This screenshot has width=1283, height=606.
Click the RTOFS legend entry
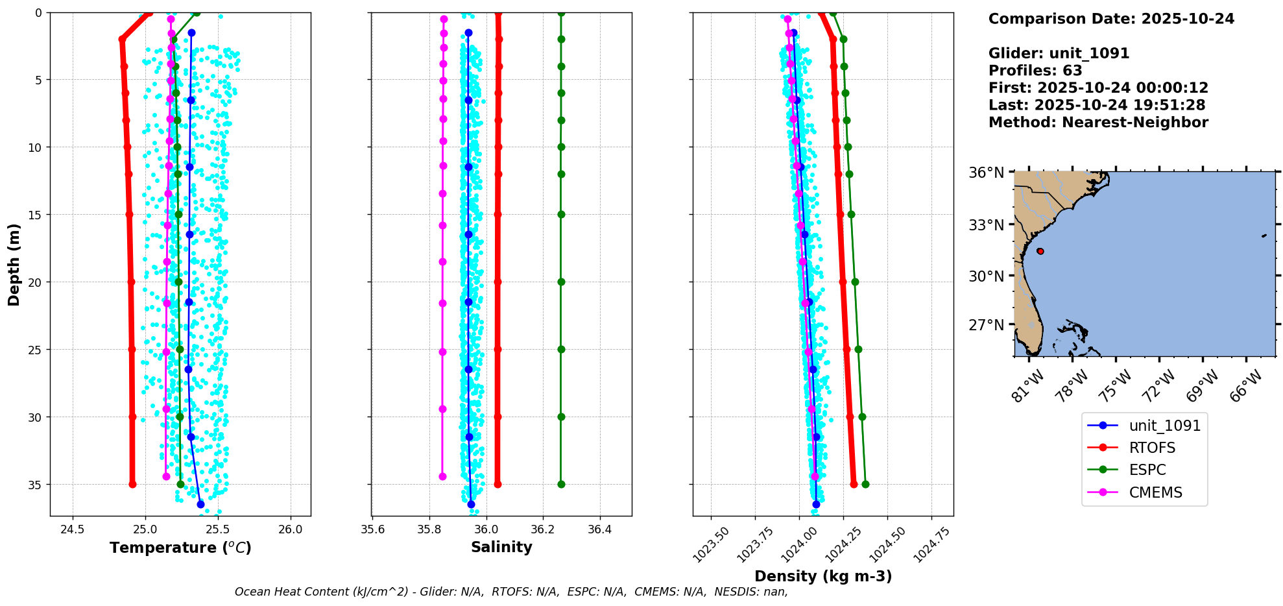[x=1152, y=448]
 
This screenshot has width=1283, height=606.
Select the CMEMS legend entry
[x=1155, y=492]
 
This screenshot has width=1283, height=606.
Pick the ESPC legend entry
[x=1147, y=470]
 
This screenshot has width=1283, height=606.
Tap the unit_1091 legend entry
[x=1164, y=426]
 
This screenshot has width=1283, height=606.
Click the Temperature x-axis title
[x=180, y=548]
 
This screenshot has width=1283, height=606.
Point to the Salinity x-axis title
[x=501, y=547]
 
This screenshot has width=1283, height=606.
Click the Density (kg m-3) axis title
[x=823, y=576]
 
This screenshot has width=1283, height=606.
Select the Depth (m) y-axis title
[x=14, y=264]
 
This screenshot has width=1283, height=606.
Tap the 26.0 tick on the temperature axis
[x=290, y=529]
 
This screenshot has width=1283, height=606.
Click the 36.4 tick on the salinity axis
[x=599, y=529]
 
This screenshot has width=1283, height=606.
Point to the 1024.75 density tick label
[x=932, y=544]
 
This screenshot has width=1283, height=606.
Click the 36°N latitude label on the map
[x=986, y=173]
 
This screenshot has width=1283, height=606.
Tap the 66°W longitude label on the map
[x=1245, y=386]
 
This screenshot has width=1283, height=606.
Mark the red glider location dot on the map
[x=1040, y=251]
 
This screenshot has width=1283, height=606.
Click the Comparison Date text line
[x=1110, y=19]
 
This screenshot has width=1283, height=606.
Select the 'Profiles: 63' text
[x=1035, y=71]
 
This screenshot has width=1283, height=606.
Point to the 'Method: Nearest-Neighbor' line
[x=1098, y=123]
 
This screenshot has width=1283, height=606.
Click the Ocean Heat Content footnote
[x=511, y=592]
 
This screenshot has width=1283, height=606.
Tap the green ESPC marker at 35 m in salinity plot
[x=561, y=484]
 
